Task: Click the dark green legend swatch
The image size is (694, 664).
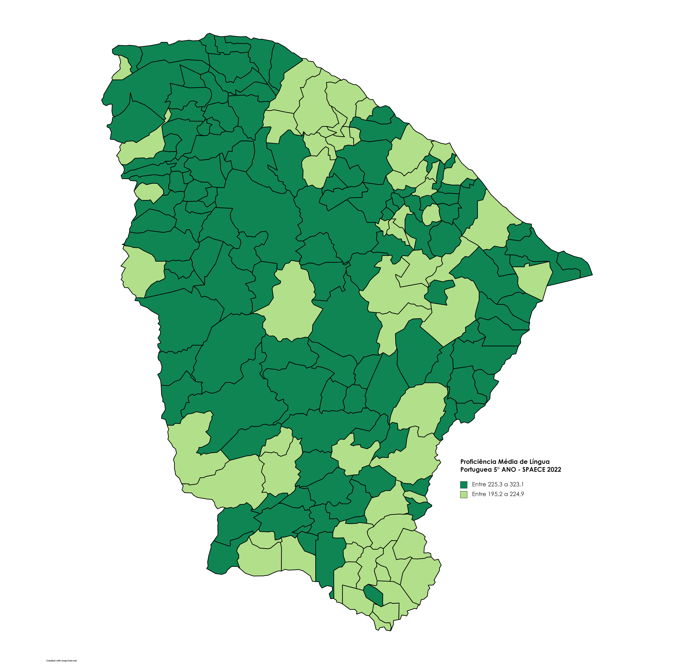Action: click(464, 485)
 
